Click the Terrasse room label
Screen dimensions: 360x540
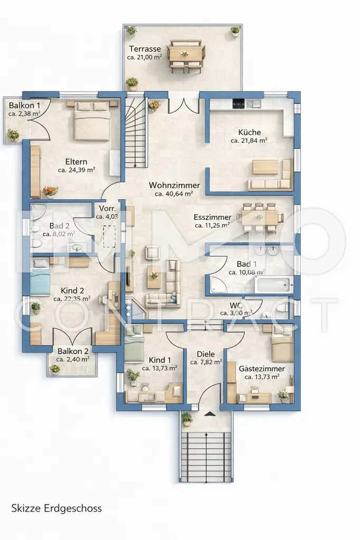tap(145, 49)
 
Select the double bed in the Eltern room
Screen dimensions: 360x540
tap(92, 121)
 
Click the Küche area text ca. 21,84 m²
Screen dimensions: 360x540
tap(249, 140)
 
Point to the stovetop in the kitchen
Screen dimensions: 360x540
tap(238, 103)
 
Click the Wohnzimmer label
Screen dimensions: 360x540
tap(174, 185)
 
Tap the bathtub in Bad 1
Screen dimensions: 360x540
tap(275, 284)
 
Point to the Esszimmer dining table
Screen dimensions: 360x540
tap(259, 218)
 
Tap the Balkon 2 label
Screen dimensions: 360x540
tap(73, 351)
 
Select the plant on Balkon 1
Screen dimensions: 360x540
tap(13, 134)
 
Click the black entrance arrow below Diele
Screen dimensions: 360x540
tap(209, 414)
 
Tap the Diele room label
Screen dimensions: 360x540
tap(206, 354)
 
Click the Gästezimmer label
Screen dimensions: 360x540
tap(262, 369)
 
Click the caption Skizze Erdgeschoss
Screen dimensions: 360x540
tap(56, 508)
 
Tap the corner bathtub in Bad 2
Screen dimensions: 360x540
tap(37, 211)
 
